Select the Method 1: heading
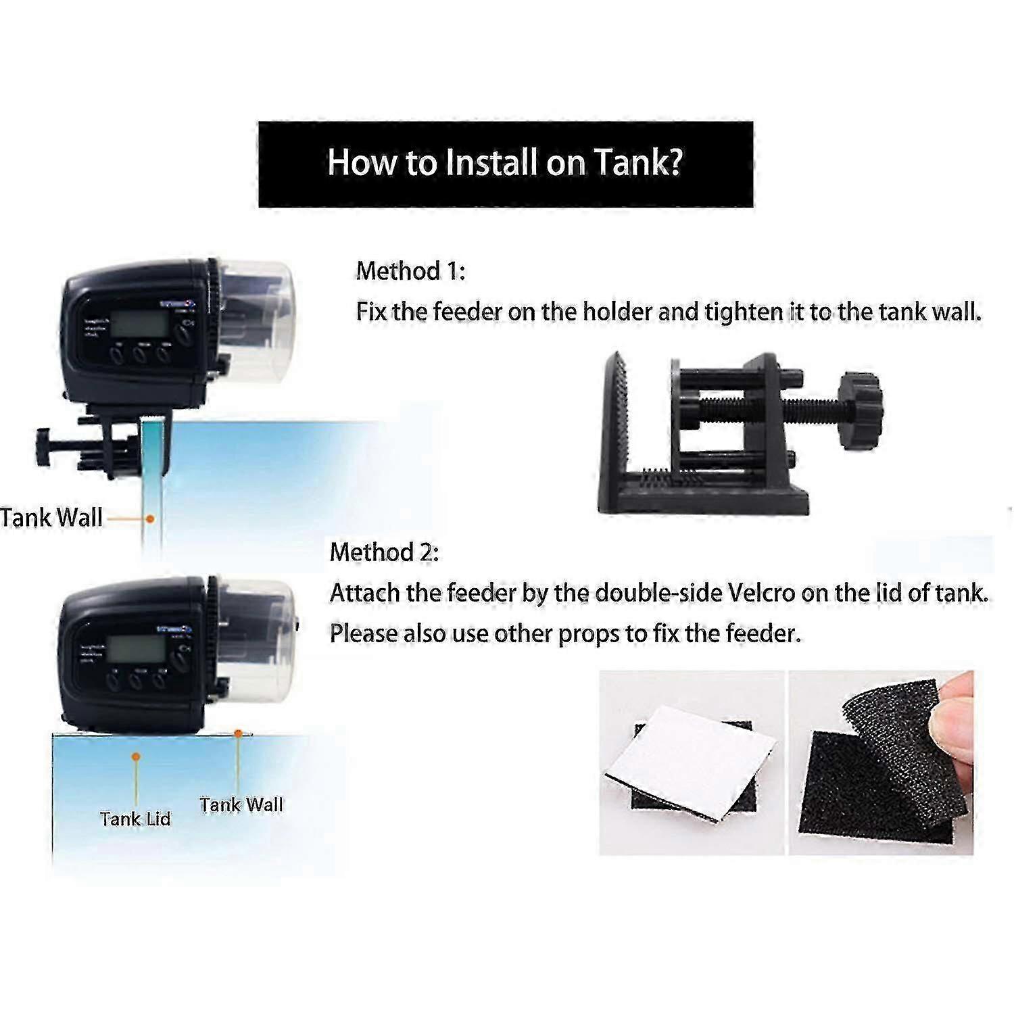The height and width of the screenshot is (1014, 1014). coord(410,270)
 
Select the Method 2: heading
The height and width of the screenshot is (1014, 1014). coord(384,552)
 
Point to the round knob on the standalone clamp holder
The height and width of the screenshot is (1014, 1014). coord(860,410)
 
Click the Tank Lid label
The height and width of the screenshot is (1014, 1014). coord(135,819)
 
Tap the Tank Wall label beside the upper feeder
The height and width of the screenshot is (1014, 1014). coord(51,518)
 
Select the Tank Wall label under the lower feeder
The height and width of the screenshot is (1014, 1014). coord(241,804)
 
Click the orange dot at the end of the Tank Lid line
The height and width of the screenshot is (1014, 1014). coord(136,757)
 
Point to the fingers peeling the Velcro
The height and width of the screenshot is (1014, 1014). coord(957,710)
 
